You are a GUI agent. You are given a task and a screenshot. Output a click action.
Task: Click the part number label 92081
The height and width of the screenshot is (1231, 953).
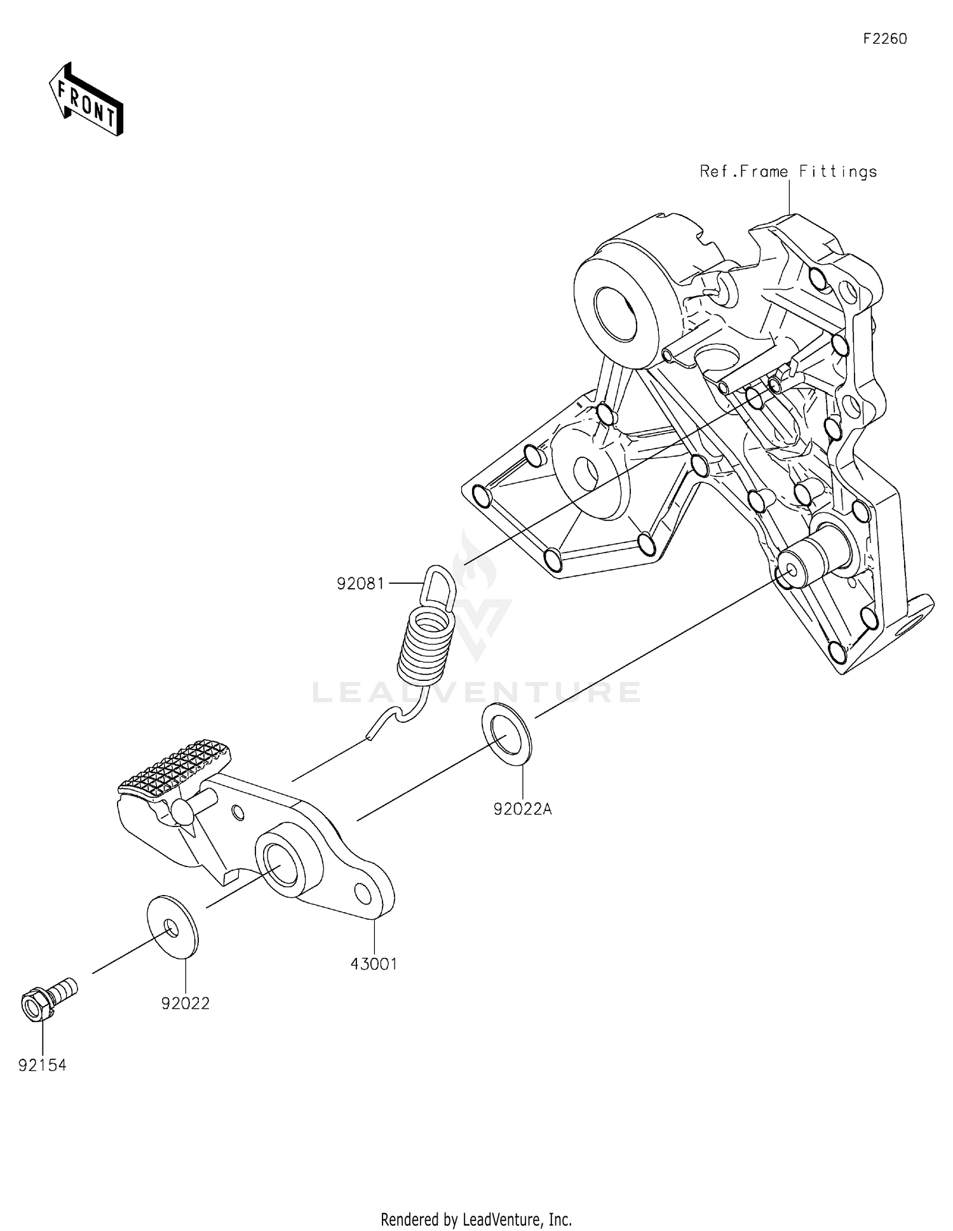click(360, 583)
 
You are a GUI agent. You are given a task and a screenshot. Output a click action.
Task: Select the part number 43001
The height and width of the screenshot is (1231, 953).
click(374, 964)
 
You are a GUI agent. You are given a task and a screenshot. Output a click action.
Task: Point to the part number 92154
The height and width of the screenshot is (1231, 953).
click(42, 1065)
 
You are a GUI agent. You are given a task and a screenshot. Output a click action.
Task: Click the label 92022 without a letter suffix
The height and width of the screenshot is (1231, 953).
click(185, 1003)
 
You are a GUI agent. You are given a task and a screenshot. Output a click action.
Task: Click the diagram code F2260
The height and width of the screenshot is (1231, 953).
click(884, 39)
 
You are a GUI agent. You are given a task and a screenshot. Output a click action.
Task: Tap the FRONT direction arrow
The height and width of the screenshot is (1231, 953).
click(86, 100)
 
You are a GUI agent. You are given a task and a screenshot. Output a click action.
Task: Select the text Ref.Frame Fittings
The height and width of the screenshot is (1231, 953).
click(788, 172)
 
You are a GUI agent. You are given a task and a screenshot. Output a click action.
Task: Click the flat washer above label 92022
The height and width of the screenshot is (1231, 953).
click(172, 925)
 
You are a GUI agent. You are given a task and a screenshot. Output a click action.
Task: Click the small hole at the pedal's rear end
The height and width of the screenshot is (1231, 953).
click(363, 893)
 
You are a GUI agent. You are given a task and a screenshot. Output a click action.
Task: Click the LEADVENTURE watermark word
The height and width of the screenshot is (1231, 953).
click(476, 692)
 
